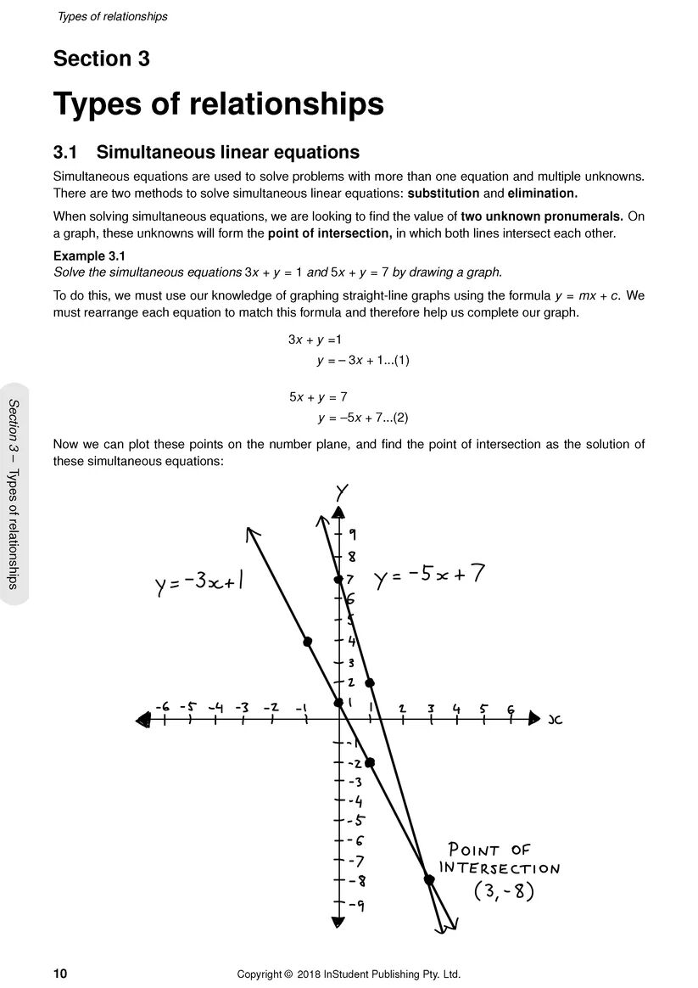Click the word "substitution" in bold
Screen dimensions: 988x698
coord(444,193)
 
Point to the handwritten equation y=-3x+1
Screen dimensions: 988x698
coord(200,585)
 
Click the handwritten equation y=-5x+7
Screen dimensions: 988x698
coord(429,576)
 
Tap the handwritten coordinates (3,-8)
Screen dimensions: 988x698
coord(503,892)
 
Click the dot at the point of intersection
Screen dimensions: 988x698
coord(429,880)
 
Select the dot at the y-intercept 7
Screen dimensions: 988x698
coord(338,579)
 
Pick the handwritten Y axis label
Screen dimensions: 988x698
coord(341,491)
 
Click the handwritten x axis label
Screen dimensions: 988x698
coord(556,720)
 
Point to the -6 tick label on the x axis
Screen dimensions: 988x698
coord(162,706)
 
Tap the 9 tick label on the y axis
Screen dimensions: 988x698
coord(352,535)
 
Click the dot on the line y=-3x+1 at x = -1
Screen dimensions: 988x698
coord(307,641)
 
